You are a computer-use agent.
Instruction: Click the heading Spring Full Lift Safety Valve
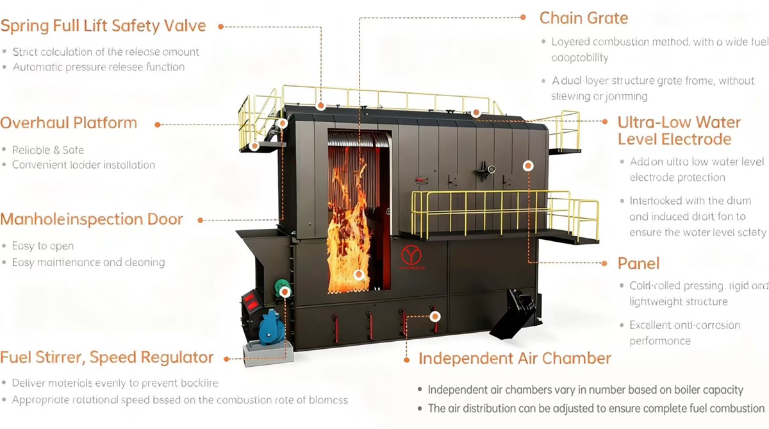pos(103,26)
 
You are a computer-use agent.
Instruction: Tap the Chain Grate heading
pos(583,17)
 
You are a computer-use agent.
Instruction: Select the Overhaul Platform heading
pos(69,123)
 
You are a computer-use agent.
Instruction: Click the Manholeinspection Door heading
pos(92,219)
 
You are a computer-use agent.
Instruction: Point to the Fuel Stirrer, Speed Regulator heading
pos(107,358)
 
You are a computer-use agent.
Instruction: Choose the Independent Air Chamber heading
pos(515,358)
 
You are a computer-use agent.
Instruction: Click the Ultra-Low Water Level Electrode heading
pos(679,131)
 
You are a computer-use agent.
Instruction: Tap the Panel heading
pos(638,264)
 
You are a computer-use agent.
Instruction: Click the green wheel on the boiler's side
pos(280,287)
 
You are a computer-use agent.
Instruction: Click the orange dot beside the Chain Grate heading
pos(523,17)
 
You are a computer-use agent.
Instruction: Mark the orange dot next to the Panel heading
pos(603,263)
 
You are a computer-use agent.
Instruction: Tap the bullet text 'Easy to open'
pos(43,246)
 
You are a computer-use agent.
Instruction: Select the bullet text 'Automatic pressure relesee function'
pos(99,67)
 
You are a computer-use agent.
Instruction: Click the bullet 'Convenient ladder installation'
pos(83,165)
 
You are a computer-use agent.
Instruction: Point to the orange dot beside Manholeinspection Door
pos(201,220)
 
